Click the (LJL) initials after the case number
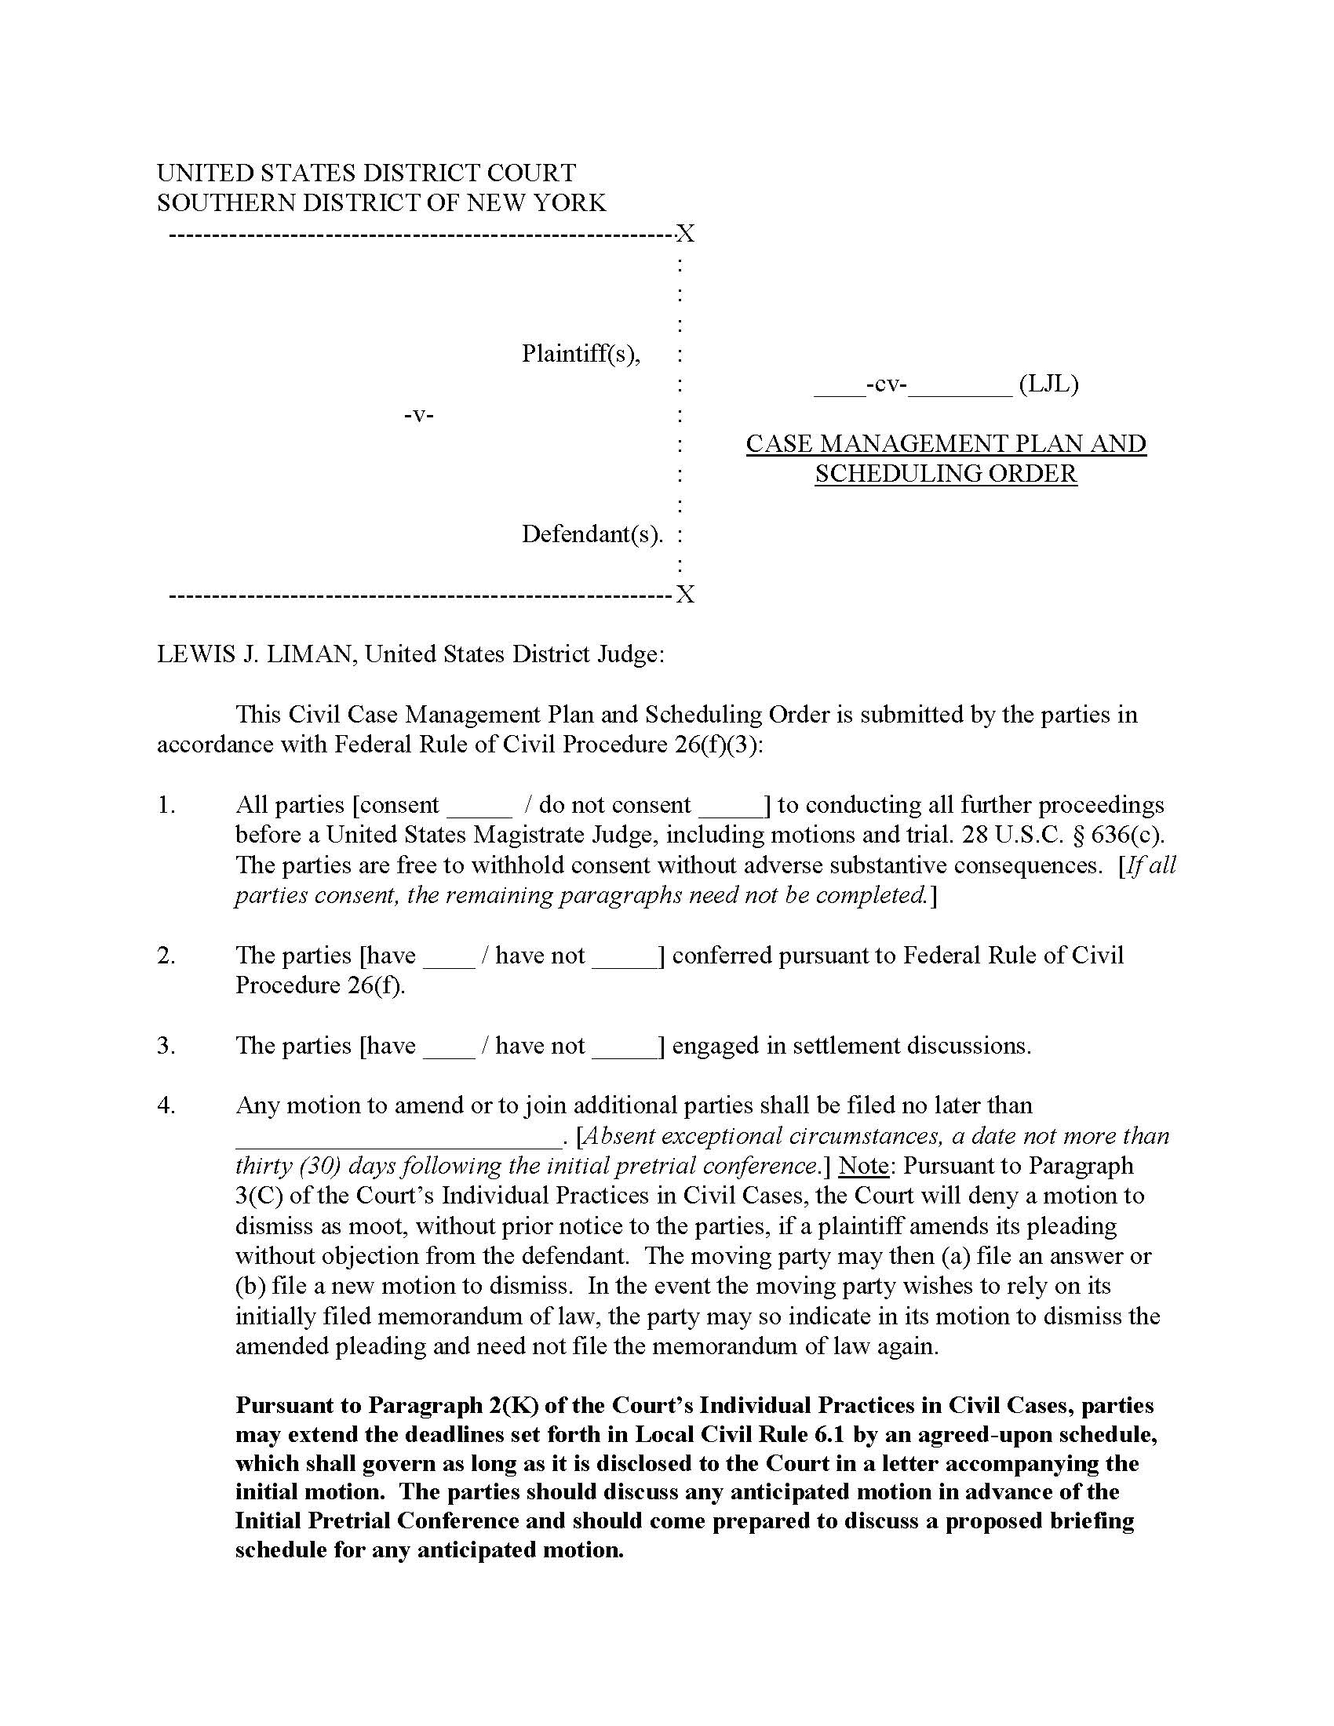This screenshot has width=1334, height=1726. [1048, 384]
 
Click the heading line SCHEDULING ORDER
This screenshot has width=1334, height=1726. [946, 474]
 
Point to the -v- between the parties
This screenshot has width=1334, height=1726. [419, 414]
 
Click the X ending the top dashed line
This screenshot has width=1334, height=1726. [685, 234]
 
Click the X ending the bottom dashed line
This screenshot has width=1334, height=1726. [685, 595]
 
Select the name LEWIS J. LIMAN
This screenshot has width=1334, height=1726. [255, 654]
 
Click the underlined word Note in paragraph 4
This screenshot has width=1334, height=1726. [863, 1166]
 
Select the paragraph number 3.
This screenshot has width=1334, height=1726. [165, 1046]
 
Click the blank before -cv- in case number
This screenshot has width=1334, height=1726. [840, 388]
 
